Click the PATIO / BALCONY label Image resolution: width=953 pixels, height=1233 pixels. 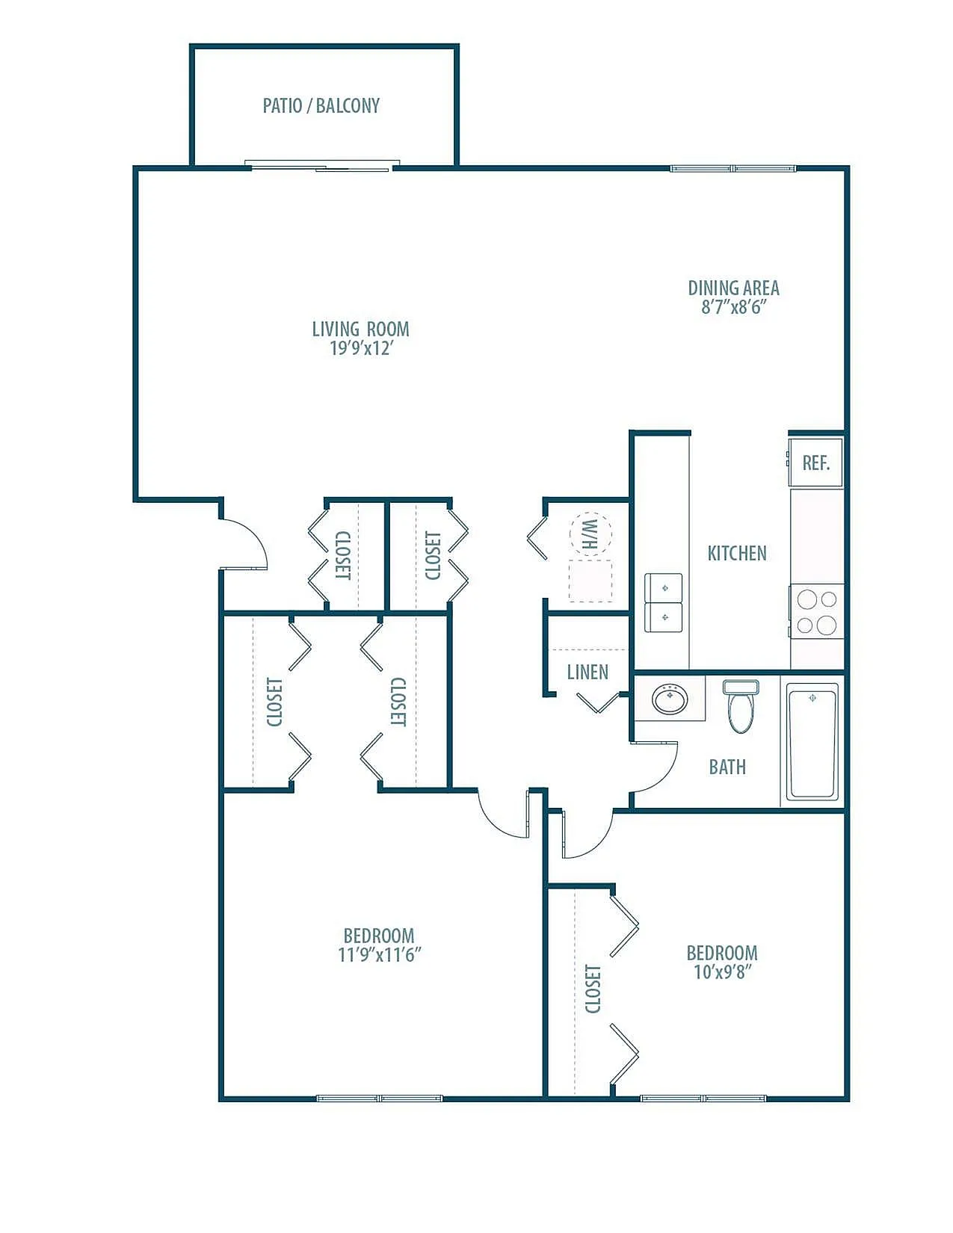pyautogui.click(x=321, y=105)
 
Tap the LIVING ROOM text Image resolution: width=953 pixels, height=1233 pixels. pyautogui.click(x=360, y=329)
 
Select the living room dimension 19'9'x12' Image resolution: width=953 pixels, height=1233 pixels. pyautogui.click(x=362, y=348)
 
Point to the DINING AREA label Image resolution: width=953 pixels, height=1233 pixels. pyautogui.click(x=733, y=288)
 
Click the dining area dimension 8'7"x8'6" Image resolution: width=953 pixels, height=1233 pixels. pyautogui.click(x=734, y=308)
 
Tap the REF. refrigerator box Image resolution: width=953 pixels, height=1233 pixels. pyautogui.click(x=816, y=463)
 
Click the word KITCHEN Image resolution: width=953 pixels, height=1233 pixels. pyautogui.click(x=737, y=553)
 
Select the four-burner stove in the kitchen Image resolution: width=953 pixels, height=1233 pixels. pyautogui.click(x=817, y=612)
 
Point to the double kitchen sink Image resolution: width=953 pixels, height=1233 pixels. pyautogui.click(x=663, y=602)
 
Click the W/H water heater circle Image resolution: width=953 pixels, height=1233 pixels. pyautogui.click(x=591, y=534)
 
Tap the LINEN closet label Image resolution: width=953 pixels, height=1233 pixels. pyautogui.click(x=587, y=673)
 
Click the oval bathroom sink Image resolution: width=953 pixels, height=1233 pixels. pyautogui.click(x=670, y=699)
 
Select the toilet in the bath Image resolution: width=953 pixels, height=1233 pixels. pyautogui.click(x=741, y=706)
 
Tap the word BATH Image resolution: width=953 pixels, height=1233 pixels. pyautogui.click(x=727, y=767)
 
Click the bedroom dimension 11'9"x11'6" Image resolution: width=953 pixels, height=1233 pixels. pyautogui.click(x=379, y=956)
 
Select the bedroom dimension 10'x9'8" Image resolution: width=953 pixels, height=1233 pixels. pyautogui.click(x=722, y=972)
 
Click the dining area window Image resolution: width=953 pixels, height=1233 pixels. pyautogui.click(x=733, y=169)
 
